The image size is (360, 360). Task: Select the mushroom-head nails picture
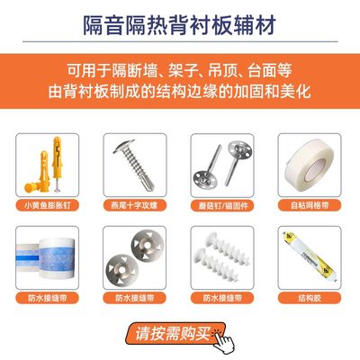click(x=221, y=164)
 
